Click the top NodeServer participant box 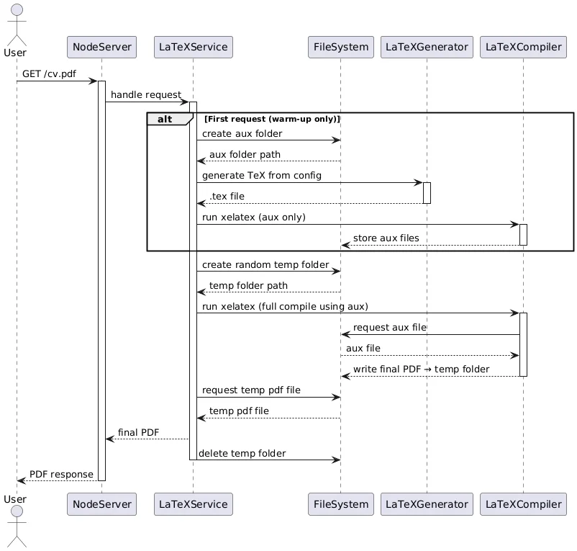(101, 48)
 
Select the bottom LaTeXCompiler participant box (523, 504)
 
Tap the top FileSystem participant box (340, 48)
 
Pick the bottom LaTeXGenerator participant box (427, 504)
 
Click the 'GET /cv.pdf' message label (49, 74)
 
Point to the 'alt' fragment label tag (165, 119)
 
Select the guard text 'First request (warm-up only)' (272, 119)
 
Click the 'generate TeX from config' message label (262, 176)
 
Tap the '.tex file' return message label (227, 197)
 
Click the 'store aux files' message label (386, 238)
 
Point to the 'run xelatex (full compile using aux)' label (285, 307)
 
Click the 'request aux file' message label (389, 328)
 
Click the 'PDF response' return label (61, 475)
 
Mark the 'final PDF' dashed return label (139, 433)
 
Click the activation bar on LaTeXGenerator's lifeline (427, 193)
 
